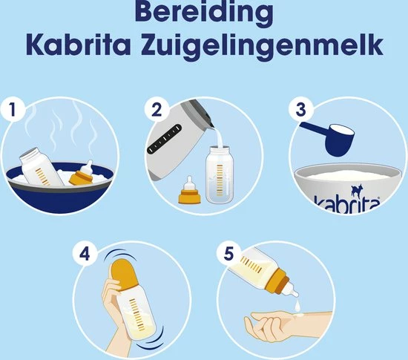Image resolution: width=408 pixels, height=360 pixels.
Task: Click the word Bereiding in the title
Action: point(203,15)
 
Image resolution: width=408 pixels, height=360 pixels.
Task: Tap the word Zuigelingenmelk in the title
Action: point(263,46)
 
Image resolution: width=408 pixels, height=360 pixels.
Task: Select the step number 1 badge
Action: point(10,110)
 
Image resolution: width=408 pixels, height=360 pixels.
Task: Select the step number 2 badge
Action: point(154,110)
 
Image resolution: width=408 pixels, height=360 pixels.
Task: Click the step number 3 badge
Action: point(299,110)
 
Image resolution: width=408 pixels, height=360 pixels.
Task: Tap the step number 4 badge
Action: point(82,253)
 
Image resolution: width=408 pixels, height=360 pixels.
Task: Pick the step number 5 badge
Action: point(228,253)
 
